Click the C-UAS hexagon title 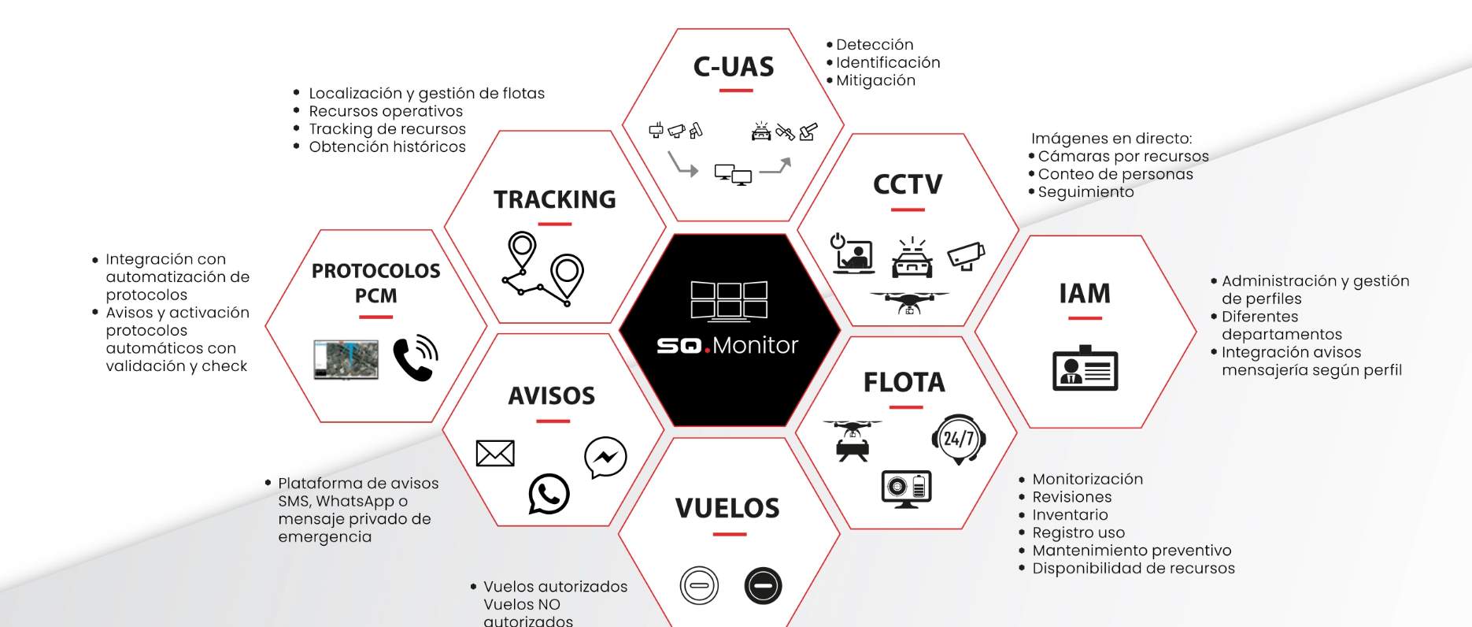click(734, 67)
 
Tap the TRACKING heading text click(555, 199)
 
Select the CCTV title click(908, 184)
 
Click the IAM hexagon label click(1085, 294)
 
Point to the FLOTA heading click(904, 382)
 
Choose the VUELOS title click(727, 508)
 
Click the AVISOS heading click(552, 395)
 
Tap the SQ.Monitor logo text click(727, 345)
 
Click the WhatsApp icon click(549, 494)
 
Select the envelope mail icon click(495, 453)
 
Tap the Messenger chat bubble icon click(605, 457)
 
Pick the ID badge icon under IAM click(1085, 368)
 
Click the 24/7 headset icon click(959, 439)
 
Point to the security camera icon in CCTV click(966, 255)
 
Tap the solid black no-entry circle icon click(763, 585)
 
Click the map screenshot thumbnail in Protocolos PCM click(346, 359)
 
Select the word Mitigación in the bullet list click(875, 80)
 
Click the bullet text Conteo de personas click(1115, 174)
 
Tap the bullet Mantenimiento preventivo click(1132, 551)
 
